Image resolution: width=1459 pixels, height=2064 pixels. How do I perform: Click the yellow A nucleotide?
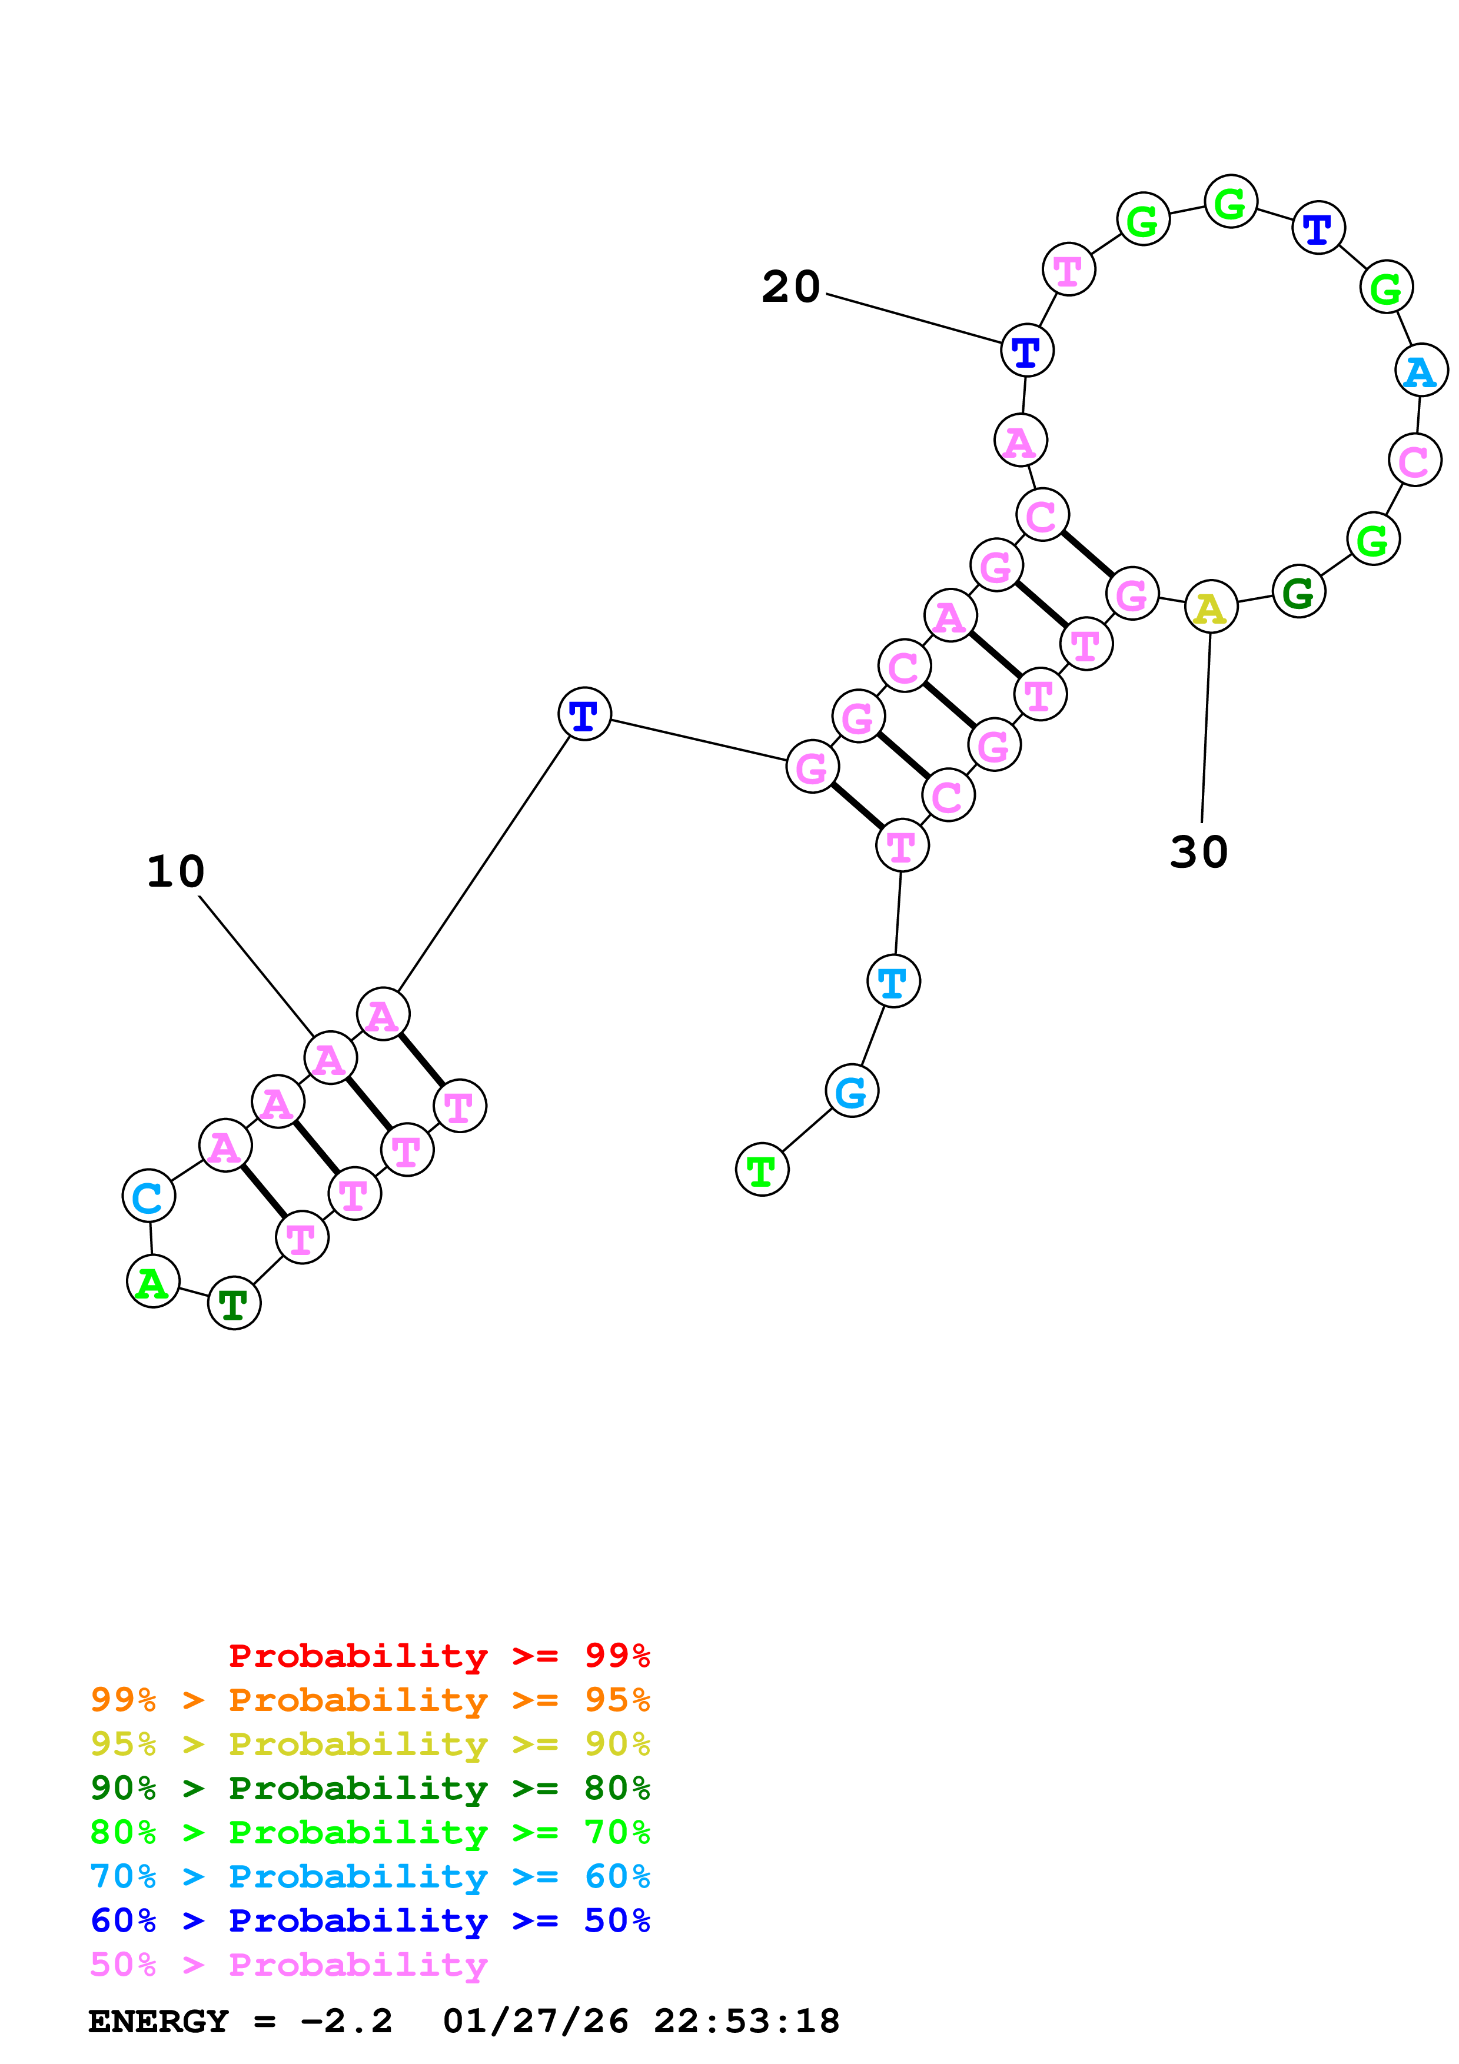coord(1210,608)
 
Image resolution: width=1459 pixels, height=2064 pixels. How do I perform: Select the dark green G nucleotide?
coord(1298,591)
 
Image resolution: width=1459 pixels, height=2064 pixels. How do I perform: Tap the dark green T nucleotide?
coord(234,1303)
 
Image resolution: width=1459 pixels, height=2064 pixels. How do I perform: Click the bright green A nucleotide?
coord(153,1281)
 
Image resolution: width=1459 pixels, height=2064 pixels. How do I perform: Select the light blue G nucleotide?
coord(850,1091)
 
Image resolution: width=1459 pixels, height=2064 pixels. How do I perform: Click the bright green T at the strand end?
coord(762,1170)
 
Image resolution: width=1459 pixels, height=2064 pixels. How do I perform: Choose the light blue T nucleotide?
coord(893,981)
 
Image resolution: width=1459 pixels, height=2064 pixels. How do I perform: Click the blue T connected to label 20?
coord(1026,351)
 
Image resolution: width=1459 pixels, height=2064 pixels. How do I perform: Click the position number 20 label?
coord(790,287)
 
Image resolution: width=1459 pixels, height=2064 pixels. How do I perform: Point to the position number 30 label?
coord(1198,851)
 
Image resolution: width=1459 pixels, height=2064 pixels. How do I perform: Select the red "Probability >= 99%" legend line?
coord(438,1655)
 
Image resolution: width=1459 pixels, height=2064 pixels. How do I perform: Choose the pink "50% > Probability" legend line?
coord(288,1964)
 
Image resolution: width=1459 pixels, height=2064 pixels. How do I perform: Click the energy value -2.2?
coord(346,2022)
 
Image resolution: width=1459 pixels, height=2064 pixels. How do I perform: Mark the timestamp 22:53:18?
coord(746,2022)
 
